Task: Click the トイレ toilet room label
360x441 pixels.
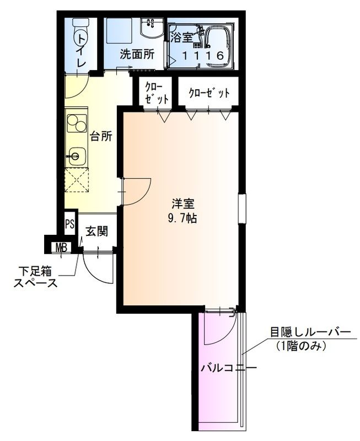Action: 81,51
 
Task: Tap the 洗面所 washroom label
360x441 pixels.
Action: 137,55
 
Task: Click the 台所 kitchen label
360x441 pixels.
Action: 101,137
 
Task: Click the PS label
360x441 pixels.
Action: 69,224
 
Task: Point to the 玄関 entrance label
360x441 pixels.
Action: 96,231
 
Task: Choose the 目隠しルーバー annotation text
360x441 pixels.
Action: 309,332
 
